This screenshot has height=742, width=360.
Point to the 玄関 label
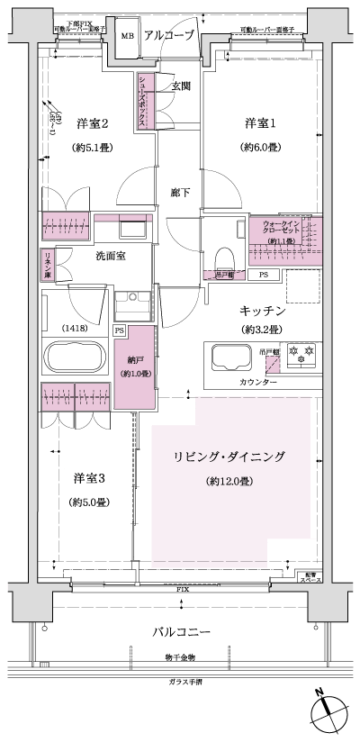[x=181, y=86]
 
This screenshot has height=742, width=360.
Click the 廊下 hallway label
[x=180, y=193]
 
